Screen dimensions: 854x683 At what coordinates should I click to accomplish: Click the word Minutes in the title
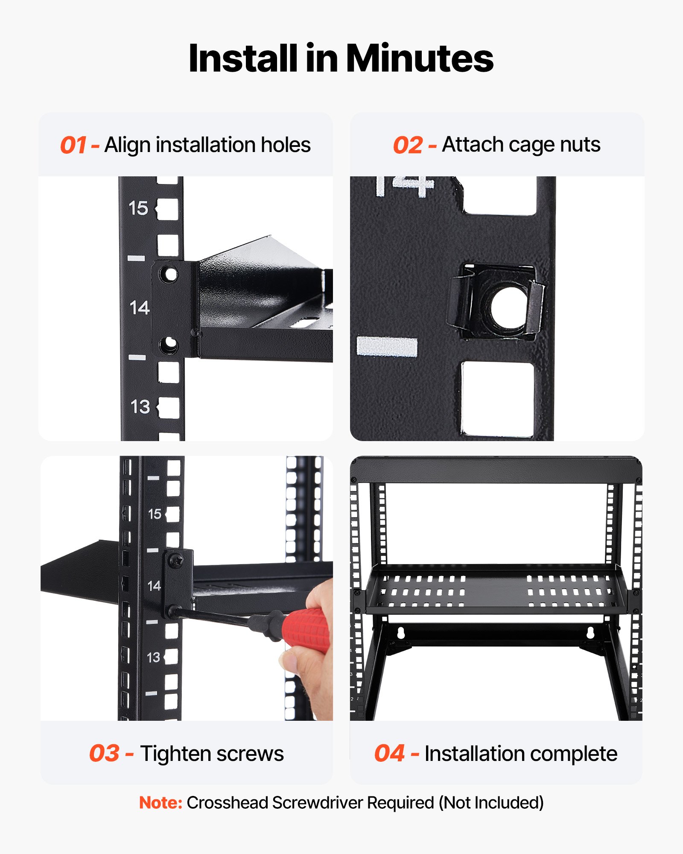[x=419, y=58]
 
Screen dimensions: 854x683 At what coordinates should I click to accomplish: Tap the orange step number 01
[x=73, y=145]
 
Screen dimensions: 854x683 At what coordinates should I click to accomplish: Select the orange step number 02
[x=408, y=145]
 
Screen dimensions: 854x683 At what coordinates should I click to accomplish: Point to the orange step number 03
[x=104, y=753]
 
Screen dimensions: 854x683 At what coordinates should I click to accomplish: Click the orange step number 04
[x=389, y=753]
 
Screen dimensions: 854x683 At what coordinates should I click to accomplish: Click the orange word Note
[x=161, y=803]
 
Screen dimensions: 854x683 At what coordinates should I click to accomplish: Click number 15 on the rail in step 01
[x=138, y=208]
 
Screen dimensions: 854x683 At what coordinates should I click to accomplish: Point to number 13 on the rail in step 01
[x=140, y=407]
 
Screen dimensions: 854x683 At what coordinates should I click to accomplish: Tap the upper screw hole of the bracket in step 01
[x=169, y=274]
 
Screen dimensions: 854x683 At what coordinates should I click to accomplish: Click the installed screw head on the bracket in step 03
[x=176, y=560]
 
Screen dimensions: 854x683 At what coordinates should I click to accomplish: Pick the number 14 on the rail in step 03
[x=154, y=586]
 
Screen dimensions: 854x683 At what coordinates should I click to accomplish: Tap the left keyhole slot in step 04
[x=400, y=633]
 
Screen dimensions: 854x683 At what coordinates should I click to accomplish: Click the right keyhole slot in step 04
[x=590, y=633]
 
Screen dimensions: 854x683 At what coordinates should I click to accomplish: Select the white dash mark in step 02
[x=387, y=346]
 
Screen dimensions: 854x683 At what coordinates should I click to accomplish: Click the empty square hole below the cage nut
[x=497, y=398]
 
